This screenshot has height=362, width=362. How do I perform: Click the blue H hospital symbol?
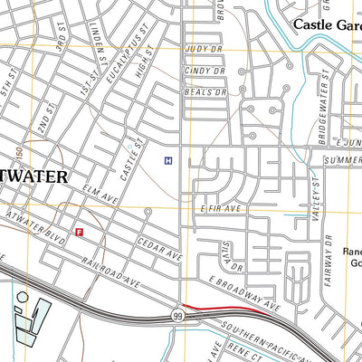168,160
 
